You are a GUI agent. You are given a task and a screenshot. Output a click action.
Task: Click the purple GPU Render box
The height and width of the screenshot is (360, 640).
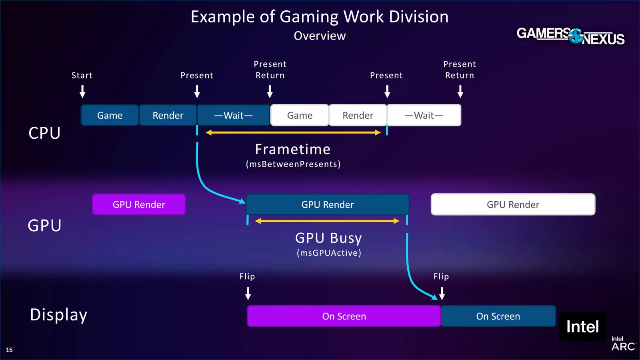(x=139, y=204)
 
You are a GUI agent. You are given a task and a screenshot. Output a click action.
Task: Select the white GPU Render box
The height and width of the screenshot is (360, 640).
(x=513, y=204)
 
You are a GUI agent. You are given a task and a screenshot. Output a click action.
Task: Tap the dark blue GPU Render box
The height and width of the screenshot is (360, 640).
(x=328, y=204)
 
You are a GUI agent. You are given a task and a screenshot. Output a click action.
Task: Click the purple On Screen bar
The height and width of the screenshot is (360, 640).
(x=344, y=316)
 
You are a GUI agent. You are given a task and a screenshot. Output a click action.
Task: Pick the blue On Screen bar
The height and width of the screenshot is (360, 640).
(x=498, y=316)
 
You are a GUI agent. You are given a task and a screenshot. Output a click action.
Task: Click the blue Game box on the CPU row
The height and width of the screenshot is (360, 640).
(x=110, y=116)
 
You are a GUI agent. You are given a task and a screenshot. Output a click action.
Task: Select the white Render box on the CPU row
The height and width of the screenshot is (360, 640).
(x=358, y=116)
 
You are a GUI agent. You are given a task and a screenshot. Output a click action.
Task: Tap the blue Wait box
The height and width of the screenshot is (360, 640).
(x=234, y=116)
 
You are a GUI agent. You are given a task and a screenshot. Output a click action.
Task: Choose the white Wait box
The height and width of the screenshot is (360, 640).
(x=424, y=116)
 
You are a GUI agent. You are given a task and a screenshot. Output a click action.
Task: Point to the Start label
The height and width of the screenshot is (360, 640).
(x=82, y=76)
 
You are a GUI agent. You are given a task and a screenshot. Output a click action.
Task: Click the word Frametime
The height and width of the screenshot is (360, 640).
(x=293, y=150)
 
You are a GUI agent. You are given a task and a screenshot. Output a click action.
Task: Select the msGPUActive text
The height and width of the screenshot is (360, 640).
(x=329, y=253)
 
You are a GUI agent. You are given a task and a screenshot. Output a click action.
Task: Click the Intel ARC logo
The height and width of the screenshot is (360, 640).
(x=623, y=344)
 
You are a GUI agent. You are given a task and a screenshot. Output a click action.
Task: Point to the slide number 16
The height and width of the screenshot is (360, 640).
(x=9, y=350)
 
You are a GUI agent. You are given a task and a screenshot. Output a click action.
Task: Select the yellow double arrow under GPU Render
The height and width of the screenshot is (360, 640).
(x=327, y=221)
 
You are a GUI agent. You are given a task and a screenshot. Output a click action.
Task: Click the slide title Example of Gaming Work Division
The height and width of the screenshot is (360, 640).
(x=320, y=17)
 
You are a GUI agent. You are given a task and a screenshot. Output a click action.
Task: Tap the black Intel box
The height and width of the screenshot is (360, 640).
(x=582, y=327)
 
